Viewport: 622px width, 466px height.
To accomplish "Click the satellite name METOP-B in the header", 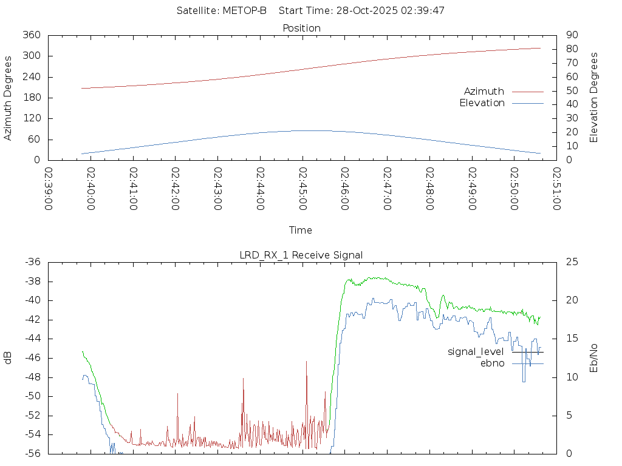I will (x=245, y=11).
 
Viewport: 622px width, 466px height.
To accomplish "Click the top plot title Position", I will (x=301, y=28).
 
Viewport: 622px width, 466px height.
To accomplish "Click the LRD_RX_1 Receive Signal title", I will (x=301, y=255).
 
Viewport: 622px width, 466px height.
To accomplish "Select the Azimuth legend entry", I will (x=484, y=91).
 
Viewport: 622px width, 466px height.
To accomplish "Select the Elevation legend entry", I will (x=482, y=103).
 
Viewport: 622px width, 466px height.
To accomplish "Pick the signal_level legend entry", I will (x=476, y=352).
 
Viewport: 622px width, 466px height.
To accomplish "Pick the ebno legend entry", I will (x=492, y=363).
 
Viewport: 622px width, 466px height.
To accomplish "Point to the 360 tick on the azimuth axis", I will (x=32, y=35).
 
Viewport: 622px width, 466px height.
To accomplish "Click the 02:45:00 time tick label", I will (x=302, y=189).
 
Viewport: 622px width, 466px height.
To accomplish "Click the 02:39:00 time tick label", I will (x=48, y=189).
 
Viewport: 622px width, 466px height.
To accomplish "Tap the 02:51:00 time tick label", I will (x=556, y=189).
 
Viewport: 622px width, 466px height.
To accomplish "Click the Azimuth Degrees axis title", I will (x=9, y=98).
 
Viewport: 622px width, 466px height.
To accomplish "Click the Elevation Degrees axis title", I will (x=594, y=98).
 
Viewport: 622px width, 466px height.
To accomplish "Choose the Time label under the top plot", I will (x=301, y=230).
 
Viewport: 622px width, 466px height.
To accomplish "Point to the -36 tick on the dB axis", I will (x=32, y=262).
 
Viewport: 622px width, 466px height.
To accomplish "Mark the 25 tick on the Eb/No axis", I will (x=571, y=262).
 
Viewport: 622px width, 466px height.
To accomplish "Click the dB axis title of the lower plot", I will (x=9, y=357).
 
